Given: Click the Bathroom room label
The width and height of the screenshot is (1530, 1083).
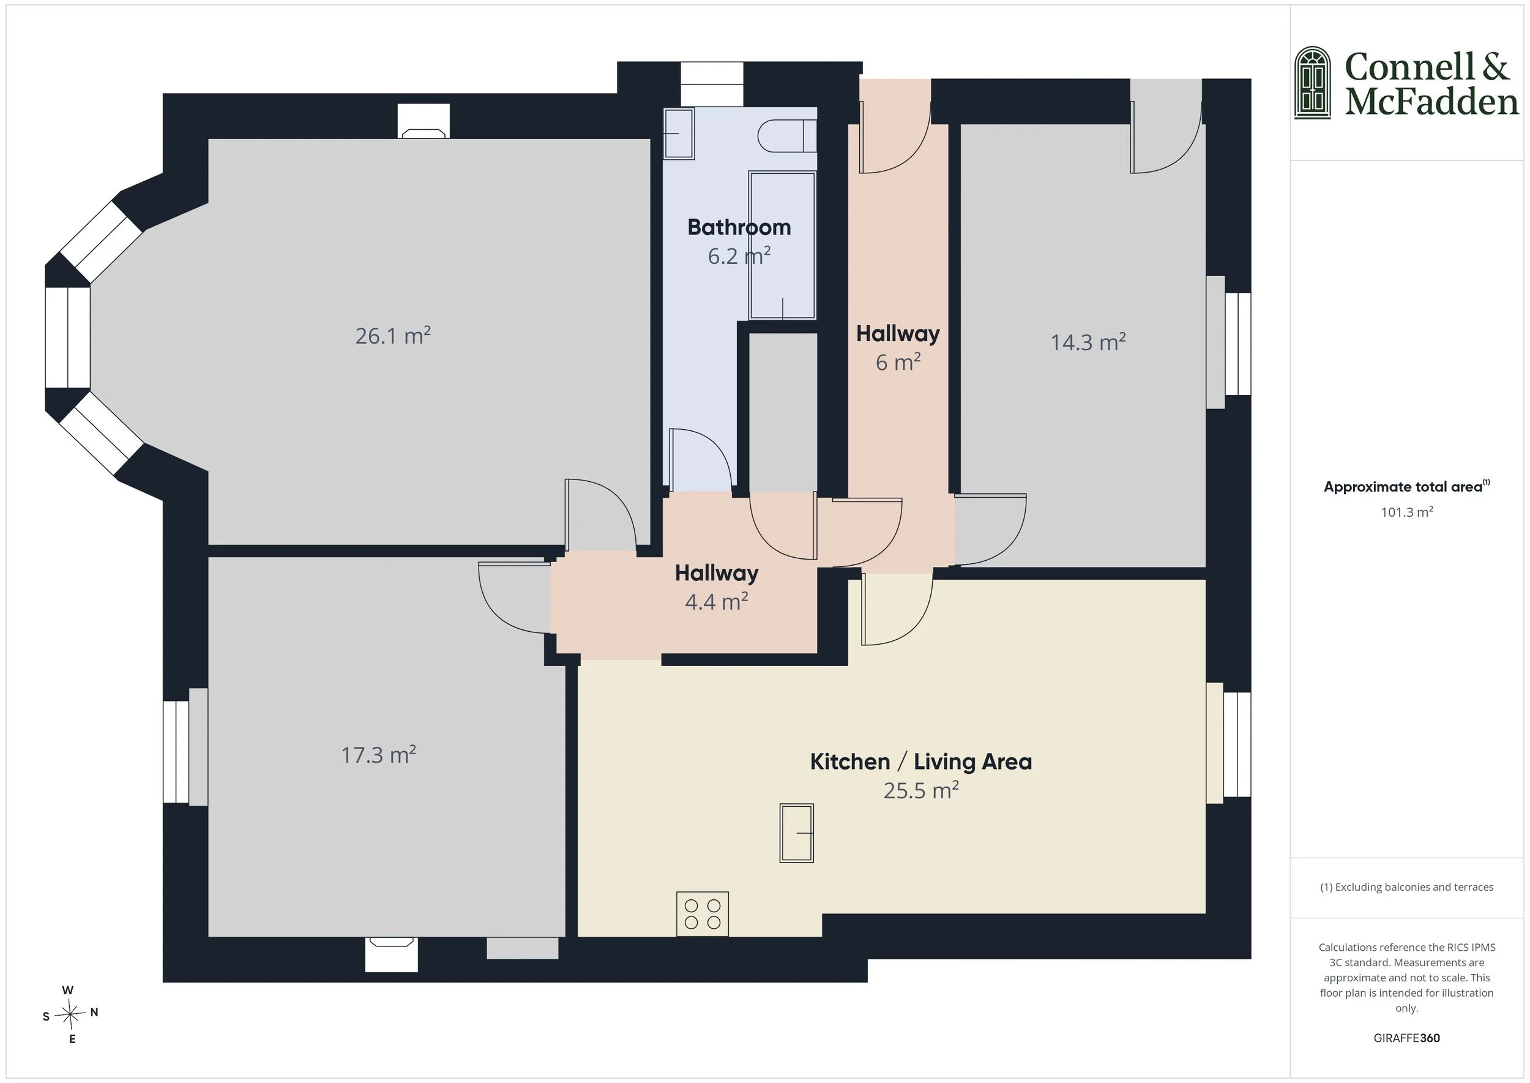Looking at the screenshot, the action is (x=739, y=227).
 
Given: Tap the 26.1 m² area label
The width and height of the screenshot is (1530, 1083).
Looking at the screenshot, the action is (x=393, y=335).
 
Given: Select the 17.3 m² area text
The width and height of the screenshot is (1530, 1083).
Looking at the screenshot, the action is (x=378, y=755).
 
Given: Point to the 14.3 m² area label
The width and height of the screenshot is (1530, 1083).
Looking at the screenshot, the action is (x=1088, y=342).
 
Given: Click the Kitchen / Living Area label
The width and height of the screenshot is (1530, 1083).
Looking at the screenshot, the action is (x=920, y=762).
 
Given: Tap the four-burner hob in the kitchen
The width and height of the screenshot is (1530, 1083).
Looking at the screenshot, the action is (x=702, y=913).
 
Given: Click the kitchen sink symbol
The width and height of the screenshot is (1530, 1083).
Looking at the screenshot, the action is (x=797, y=833).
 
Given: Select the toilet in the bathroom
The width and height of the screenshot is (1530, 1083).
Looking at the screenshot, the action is (x=787, y=136).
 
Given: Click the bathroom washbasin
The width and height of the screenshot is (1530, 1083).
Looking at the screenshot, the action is (x=679, y=133).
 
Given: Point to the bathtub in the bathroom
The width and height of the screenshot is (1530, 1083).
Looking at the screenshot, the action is (x=782, y=245).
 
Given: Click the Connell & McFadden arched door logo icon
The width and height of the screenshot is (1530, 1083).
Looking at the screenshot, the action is (x=1312, y=83).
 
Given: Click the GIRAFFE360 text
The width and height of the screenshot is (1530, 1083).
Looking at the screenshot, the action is (x=1406, y=1038).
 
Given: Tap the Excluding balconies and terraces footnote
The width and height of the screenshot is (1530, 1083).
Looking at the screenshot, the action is (x=1406, y=887).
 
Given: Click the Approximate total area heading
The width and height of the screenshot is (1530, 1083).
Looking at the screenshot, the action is (x=1406, y=486).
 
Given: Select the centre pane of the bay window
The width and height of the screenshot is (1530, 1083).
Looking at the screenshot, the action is (x=67, y=337).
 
